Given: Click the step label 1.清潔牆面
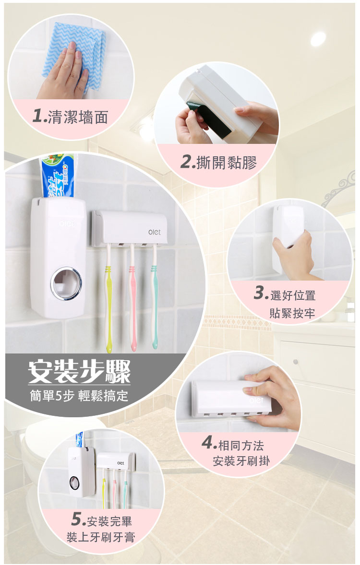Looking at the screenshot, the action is [x=70, y=117].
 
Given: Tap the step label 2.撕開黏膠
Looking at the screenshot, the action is [x=218, y=163].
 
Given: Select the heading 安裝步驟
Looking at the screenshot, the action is [x=79, y=372].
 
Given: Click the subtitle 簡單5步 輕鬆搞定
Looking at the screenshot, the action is [x=79, y=396].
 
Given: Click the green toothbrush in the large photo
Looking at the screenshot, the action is [x=108, y=297].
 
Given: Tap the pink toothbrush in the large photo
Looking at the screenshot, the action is [x=133, y=297].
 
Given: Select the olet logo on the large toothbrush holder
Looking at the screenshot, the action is [x=155, y=233].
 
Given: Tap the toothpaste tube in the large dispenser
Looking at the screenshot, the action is [x=58, y=176].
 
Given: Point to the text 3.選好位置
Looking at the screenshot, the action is [x=285, y=295].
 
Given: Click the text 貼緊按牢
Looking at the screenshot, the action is [x=292, y=313].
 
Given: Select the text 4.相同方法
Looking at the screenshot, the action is [x=233, y=444].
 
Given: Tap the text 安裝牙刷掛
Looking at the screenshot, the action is [x=241, y=461].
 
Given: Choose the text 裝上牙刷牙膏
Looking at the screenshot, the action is [x=101, y=537].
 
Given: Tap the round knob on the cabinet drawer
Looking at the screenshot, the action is [x=296, y=362].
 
